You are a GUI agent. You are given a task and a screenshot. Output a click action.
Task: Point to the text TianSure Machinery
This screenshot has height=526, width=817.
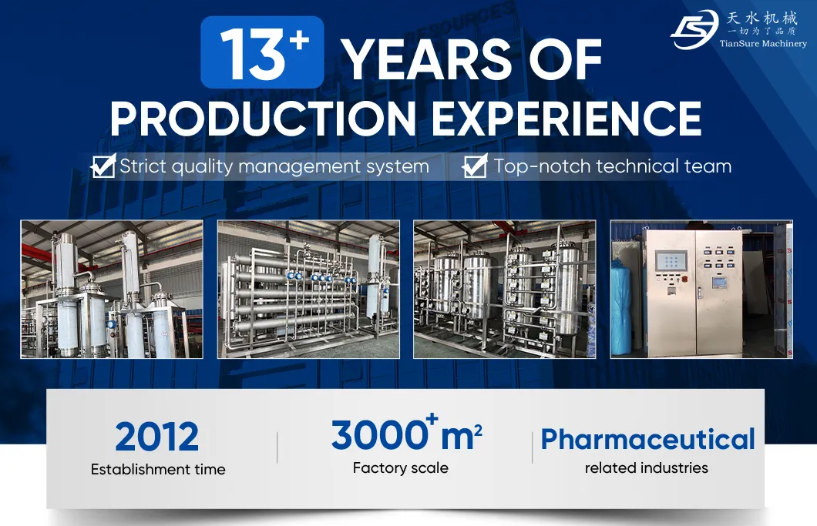pos(763,43)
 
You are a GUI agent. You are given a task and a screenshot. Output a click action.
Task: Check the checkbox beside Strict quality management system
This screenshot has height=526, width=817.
pos(103,166)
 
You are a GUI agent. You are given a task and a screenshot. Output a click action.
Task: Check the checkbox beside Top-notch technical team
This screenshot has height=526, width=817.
pos(475,166)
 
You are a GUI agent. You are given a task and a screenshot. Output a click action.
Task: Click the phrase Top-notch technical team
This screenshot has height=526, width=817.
pos(612,166)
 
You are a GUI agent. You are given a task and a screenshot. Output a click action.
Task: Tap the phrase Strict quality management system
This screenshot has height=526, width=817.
pos(274,166)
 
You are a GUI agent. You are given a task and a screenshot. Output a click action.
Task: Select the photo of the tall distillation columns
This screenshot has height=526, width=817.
pos(112,289)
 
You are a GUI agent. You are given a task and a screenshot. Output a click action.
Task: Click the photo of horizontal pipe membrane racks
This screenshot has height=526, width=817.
pos(308,289)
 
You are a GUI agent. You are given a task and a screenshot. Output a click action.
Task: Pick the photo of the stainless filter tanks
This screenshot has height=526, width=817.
pos(505,289)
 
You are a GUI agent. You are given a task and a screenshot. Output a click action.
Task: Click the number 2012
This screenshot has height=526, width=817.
pos(157,437)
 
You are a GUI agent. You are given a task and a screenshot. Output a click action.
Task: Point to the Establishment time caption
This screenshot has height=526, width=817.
pos(158,469)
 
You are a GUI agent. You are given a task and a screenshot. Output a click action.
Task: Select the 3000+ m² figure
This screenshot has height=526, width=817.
pos(407,434)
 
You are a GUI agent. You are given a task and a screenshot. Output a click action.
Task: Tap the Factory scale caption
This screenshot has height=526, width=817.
pos(400,467)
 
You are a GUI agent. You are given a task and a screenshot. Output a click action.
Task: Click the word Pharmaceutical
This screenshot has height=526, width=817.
pos(647,439)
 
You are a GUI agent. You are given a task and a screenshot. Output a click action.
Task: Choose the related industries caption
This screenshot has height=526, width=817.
pos(646,467)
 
